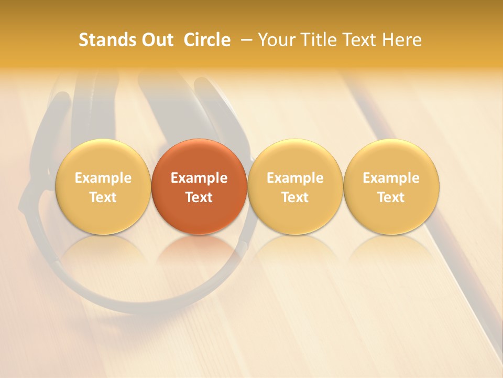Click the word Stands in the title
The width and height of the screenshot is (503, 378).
point(105,40)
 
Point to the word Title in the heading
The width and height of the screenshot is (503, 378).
point(316,40)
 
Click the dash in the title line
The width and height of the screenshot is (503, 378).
point(245,40)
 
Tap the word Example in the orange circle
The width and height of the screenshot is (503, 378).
point(199,178)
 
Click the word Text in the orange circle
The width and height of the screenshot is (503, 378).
point(199,197)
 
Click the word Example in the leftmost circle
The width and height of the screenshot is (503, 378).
point(103,178)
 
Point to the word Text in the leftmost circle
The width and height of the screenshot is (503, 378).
point(103,197)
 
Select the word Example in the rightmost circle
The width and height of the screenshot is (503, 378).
point(391,178)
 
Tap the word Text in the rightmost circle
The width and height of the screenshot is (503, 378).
point(391,197)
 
